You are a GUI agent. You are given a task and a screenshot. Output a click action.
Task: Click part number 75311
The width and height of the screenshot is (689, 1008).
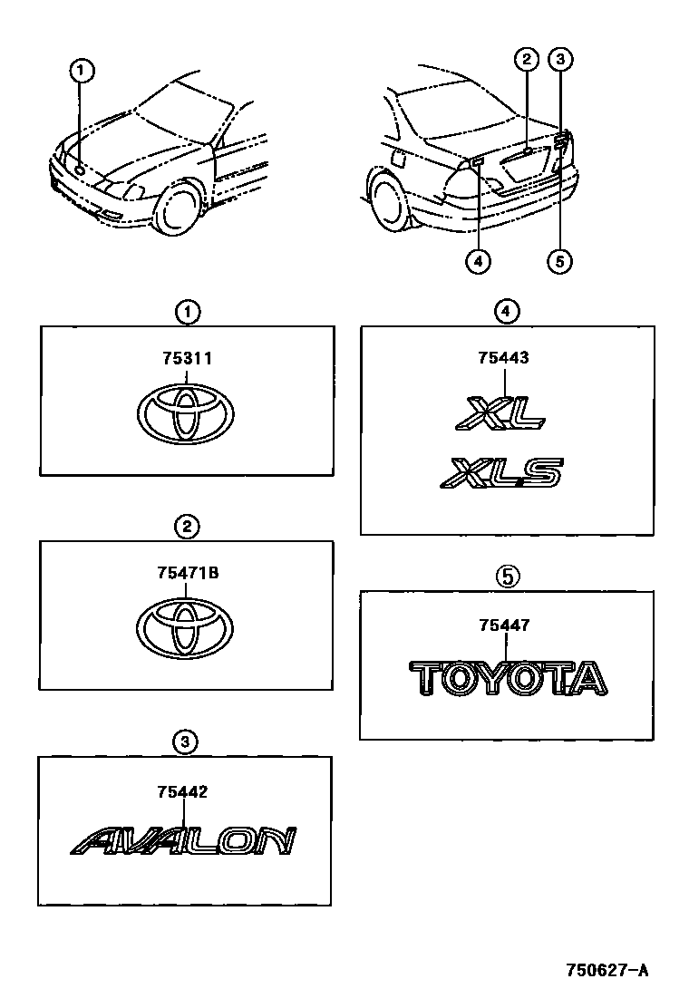187,358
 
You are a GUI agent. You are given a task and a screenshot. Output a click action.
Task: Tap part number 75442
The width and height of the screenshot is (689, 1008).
182,791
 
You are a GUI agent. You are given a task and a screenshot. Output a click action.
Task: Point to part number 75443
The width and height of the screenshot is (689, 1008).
503,358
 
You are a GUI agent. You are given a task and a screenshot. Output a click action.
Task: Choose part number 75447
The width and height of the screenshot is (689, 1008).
505,625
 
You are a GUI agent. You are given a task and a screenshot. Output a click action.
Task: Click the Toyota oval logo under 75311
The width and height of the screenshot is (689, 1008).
187,415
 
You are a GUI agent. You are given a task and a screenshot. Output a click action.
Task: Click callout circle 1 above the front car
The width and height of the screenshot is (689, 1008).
82,69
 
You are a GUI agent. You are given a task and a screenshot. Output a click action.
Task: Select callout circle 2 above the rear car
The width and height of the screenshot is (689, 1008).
526,61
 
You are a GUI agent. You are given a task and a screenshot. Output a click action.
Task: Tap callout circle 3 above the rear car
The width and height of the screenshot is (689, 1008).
561,61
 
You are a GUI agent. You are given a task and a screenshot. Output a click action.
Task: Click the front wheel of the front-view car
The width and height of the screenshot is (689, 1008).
177,210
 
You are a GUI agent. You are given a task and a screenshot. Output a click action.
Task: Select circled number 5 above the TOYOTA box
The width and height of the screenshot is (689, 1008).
506,575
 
